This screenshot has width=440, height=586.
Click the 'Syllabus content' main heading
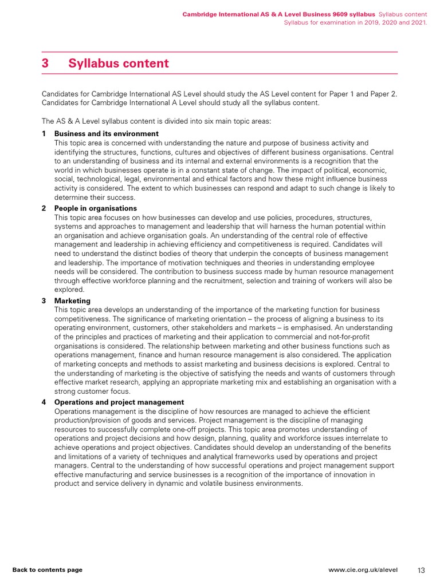[x=119, y=64]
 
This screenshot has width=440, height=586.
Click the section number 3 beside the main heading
[x=45, y=64]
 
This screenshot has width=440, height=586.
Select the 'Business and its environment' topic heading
[x=106, y=134]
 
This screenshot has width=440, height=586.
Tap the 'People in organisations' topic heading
[x=96, y=208]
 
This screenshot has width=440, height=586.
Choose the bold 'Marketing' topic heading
[x=72, y=301]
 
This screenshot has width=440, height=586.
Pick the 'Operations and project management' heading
[x=119, y=402]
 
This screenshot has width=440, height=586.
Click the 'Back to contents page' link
[x=48, y=570]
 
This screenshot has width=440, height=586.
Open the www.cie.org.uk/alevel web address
[x=367, y=570]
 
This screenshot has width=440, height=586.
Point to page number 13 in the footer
[x=421, y=570]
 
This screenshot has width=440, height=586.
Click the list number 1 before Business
[x=44, y=134]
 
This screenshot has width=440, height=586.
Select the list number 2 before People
[x=44, y=208]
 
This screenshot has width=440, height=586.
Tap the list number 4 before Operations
[x=44, y=402]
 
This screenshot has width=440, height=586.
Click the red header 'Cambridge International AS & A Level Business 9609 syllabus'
[x=278, y=13]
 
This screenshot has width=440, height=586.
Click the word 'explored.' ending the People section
[x=69, y=290]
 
